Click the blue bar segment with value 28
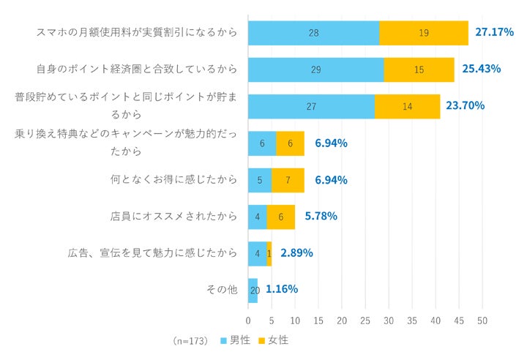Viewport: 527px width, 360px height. (313, 33)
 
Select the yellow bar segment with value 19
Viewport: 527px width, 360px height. (424, 33)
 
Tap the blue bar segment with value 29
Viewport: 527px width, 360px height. (315, 70)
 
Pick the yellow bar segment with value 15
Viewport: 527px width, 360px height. (419, 70)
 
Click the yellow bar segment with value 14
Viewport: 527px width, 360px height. (407, 106)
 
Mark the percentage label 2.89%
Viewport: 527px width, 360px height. (296, 253)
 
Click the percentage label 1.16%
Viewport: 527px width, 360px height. (281, 289)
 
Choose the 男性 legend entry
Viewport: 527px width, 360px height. (234, 340)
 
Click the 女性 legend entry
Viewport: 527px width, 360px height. (273, 340)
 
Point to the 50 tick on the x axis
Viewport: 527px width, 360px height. (482, 321)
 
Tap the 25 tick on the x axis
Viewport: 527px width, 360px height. (365, 321)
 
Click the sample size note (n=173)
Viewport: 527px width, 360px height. (191, 341)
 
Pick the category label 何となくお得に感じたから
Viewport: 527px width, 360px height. (173, 180)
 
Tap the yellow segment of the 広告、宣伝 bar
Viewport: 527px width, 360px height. (269, 253)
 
